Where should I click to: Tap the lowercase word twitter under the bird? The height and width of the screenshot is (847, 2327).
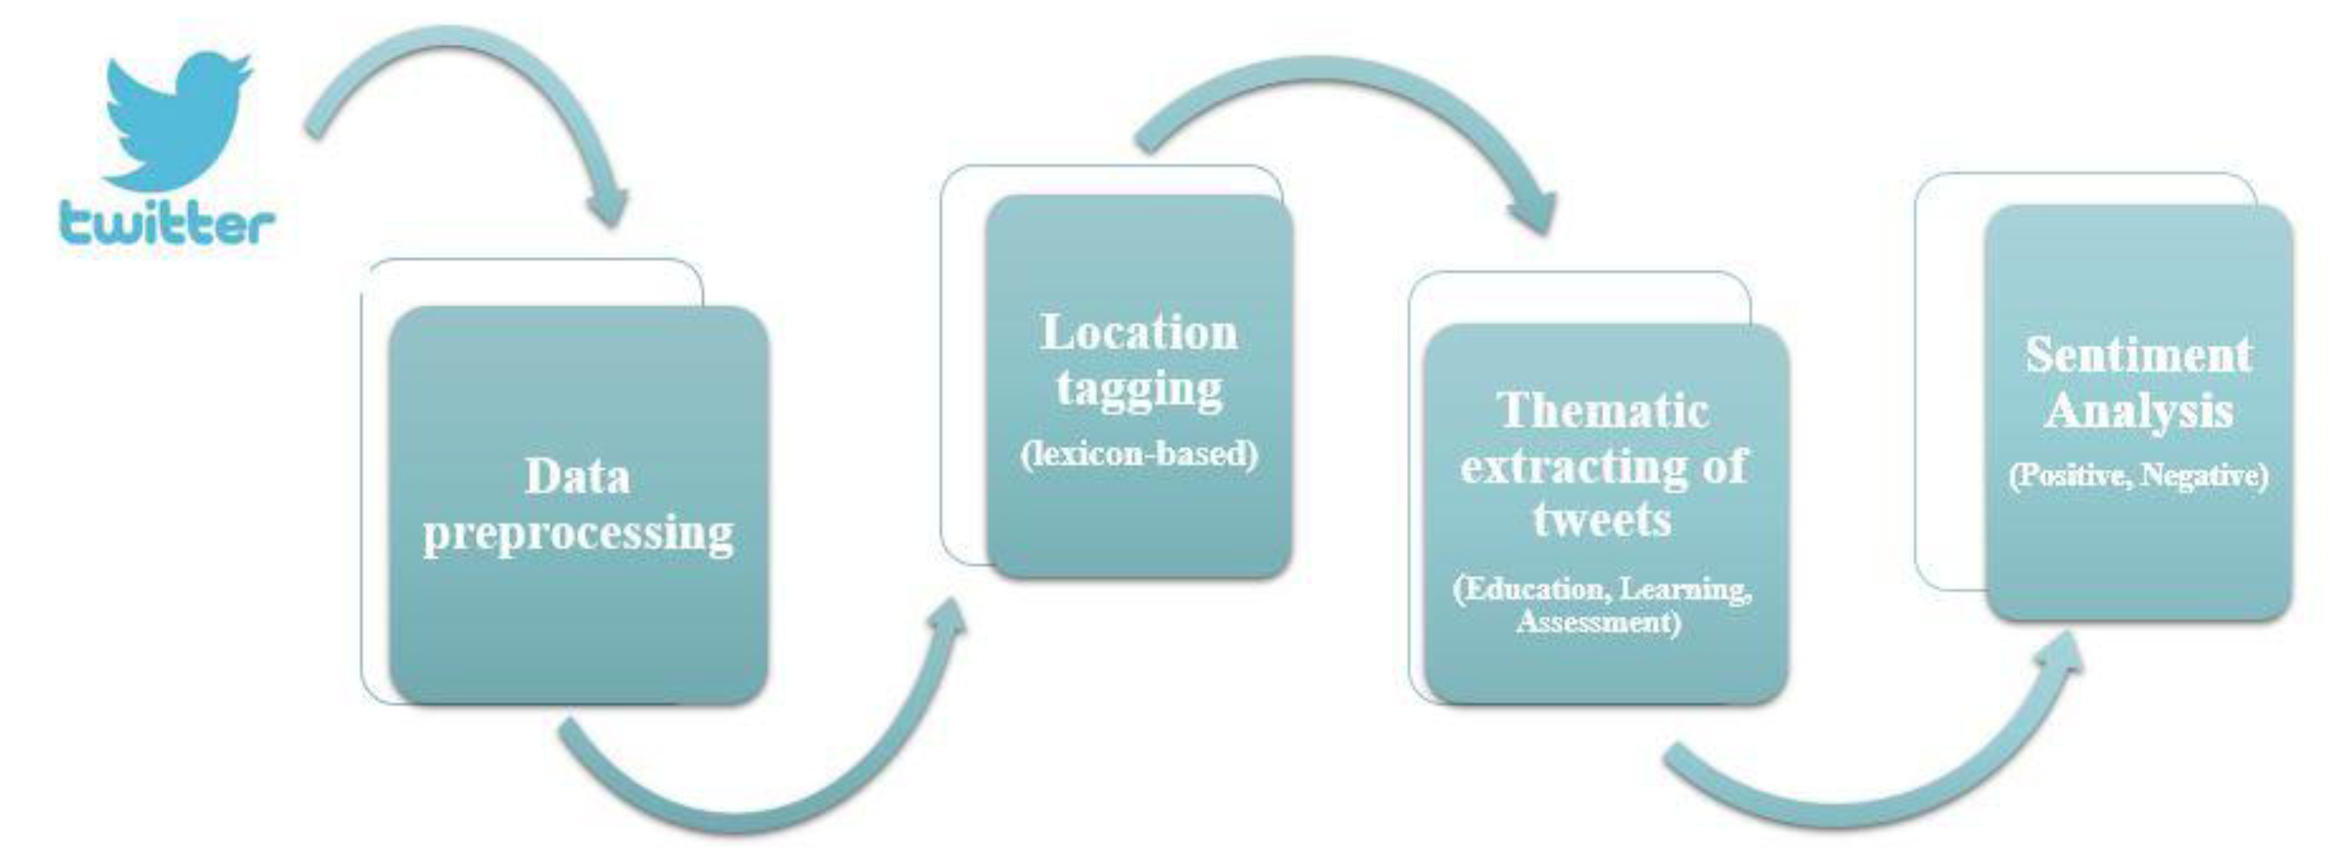(x=167, y=223)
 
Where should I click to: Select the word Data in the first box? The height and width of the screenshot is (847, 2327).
(x=577, y=477)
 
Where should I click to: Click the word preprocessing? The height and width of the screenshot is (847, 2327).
(x=578, y=532)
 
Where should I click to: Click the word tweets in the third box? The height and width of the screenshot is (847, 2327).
(x=1601, y=519)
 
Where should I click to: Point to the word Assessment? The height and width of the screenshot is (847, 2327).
(x=1598, y=622)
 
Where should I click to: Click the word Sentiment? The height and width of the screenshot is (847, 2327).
(x=2138, y=354)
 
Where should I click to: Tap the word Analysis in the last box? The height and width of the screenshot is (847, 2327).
(x=2138, y=411)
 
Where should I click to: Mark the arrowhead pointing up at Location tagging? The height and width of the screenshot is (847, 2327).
(x=948, y=619)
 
